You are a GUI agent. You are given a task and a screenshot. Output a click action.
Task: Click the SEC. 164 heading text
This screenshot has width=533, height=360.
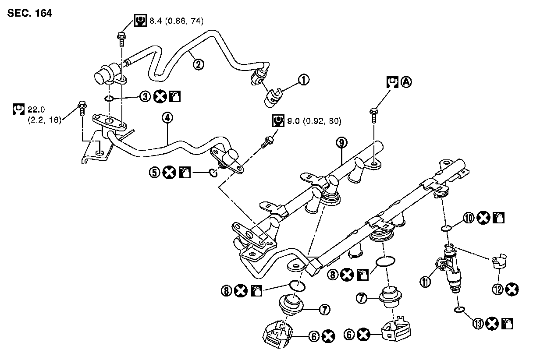tap(30, 14)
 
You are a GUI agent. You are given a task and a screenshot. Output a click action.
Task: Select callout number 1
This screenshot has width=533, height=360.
tap(303, 80)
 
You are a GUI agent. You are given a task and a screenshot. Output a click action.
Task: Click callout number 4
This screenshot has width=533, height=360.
tap(167, 117)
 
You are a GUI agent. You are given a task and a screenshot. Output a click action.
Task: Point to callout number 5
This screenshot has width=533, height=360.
tap(154, 173)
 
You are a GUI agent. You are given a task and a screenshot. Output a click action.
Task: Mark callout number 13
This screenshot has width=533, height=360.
tap(479, 324)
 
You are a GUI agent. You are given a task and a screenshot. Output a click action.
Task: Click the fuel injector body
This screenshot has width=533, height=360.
tap(452, 272)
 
